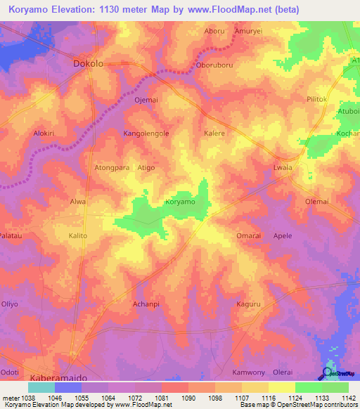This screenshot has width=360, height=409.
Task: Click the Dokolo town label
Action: [x=89, y=63]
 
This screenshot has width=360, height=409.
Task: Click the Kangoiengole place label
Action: [x=146, y=133]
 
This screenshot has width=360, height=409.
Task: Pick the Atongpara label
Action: [x=112, y=168]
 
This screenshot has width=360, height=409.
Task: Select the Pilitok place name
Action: [x=318, y=100]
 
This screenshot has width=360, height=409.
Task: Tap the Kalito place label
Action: [x=77, y=236]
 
